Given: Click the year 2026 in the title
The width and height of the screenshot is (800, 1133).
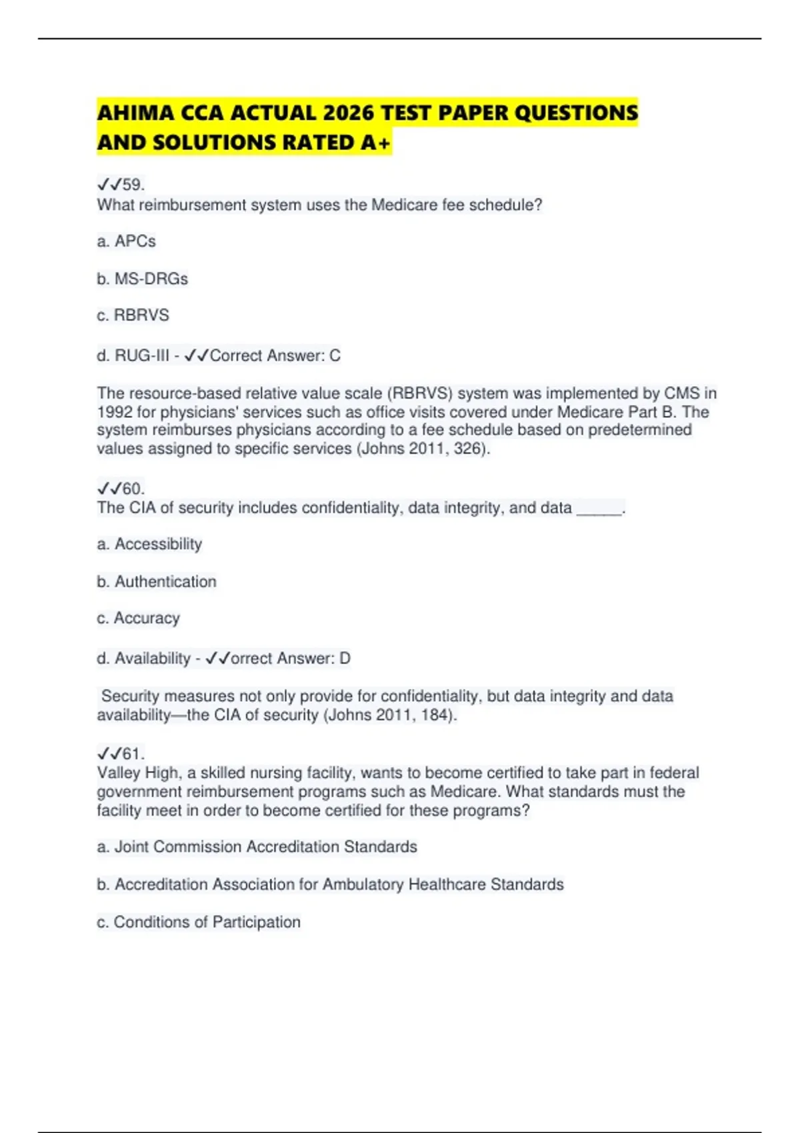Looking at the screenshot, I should click(x=349, y=113).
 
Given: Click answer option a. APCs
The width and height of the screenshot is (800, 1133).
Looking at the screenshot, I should click(x=126, y=241).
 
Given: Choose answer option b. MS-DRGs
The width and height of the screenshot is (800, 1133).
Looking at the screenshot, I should click(x=142, y=279).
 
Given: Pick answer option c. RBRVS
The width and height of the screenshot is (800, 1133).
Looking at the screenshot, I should click(x=133, y=315).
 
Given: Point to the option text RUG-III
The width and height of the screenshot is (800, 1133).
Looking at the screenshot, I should click(x=142, y=356).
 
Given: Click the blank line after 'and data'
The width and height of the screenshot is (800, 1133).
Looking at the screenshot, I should click(x=599, y=509).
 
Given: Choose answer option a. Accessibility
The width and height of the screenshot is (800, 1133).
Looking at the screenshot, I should click(x=149, y=545).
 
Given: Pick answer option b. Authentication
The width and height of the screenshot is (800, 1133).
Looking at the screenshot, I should click(x=157, y=582).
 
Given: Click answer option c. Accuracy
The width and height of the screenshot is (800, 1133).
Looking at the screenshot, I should click(x=138, y=618).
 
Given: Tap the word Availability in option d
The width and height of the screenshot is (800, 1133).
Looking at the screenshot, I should click(x=153, y=658).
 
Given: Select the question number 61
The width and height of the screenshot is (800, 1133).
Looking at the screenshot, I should click(x=132, y=754).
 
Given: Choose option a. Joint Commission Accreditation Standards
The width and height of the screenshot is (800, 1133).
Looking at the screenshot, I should click(x=257, y=847).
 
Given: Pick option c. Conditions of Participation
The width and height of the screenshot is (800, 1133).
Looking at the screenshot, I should click(x=199, y=922).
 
